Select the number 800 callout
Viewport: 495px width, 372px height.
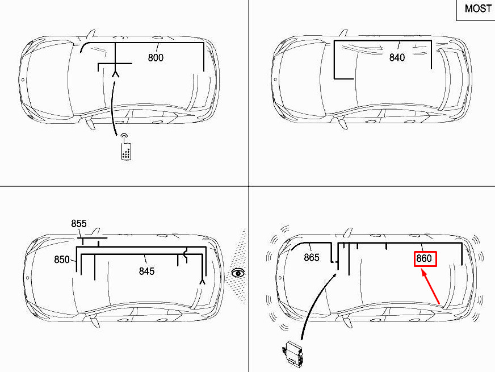(156, 57)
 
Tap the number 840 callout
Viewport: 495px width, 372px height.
(397, 57)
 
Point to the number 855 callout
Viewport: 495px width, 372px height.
(78, 224)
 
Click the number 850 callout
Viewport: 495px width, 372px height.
(61, 260)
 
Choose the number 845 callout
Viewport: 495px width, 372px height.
(147, 271)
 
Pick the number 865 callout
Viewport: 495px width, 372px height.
(312, 257)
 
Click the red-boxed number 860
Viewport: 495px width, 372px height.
(425, 258)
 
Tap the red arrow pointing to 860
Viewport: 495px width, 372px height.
(430, 287)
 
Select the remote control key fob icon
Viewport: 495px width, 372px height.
(126, 148)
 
